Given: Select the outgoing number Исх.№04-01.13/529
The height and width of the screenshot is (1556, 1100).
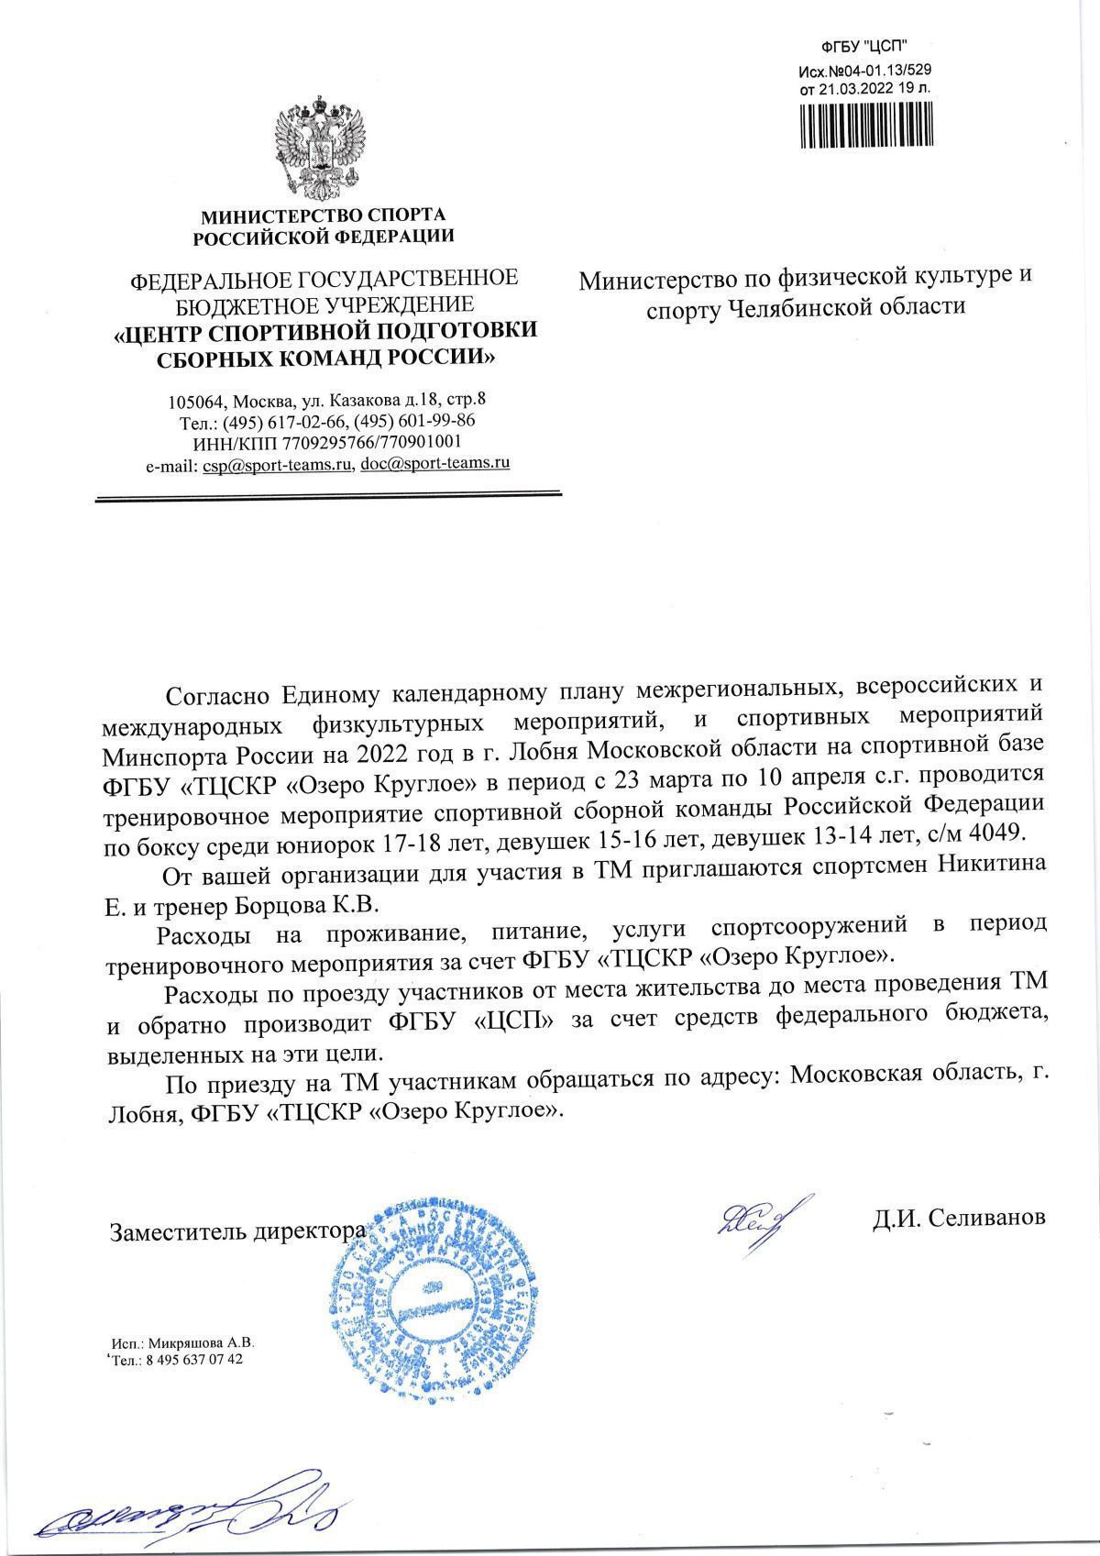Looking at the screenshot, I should (x=865, y=71).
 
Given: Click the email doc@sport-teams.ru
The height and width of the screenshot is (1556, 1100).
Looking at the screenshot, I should (x=434, y=464).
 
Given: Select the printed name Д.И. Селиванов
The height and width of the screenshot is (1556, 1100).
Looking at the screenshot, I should (x=957, y=1217).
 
